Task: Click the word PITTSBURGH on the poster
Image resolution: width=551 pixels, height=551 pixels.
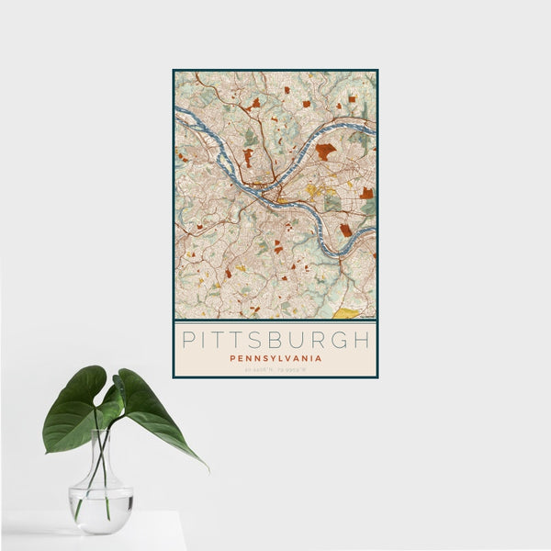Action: (275, 339)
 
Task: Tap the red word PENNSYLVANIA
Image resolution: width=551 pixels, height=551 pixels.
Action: (275, 358)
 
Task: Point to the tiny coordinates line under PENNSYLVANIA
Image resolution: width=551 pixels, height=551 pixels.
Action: (275, 368)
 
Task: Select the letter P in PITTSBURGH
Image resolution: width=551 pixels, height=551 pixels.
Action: (187, 339)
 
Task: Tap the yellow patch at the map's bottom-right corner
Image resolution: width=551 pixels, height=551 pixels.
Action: (347, 313)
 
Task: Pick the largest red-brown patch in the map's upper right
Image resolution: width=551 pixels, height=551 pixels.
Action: (325, 151)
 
